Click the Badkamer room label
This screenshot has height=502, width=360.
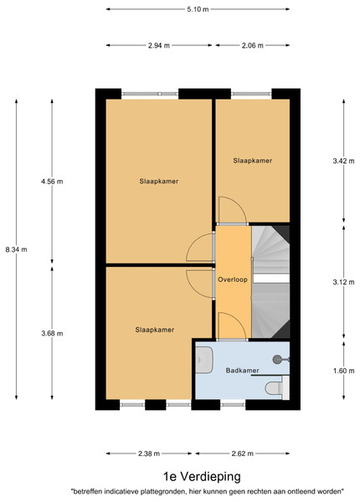[242, 371]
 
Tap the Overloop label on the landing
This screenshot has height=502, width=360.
[233, 279]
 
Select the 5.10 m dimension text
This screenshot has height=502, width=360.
[198, 9]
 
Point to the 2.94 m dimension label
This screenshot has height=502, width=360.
[159, 45]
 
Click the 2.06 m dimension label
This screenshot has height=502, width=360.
[252, 45]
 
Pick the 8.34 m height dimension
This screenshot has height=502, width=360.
[17, 249]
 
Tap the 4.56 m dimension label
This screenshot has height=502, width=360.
[52, 182]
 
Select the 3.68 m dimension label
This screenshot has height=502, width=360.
[52, 333]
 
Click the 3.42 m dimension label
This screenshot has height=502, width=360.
[343, 161]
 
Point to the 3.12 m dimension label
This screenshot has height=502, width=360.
[343, 282]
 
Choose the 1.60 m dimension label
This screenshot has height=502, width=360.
[343, 371]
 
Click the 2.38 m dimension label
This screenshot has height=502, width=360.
[149, 453]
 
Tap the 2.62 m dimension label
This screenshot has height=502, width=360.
[243, 453]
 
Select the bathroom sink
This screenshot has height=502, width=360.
[204, 360]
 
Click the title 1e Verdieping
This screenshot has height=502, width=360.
[202, 476]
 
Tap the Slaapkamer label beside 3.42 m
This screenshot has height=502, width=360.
[252, 161]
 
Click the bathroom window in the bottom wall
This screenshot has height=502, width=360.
[233, 405]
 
